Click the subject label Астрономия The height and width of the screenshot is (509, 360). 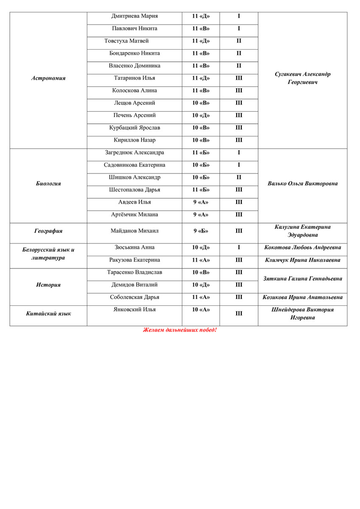click(49, 78)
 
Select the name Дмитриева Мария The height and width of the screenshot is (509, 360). click(134, 17)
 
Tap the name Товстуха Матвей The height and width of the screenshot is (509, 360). click(126, 41)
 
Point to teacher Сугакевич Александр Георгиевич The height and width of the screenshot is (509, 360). click(302, 78)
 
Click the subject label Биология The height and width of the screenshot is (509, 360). click(48, 184)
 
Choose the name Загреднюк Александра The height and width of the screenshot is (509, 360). click(134, 153)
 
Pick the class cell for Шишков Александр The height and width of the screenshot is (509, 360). click(201, 177)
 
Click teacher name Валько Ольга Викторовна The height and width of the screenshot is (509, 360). click(302, 184)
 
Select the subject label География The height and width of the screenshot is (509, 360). click(48, 231)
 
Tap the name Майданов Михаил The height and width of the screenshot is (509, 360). click(134, 231)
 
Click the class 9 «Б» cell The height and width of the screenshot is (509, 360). click(201, 231)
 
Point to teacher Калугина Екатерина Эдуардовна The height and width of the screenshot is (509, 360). click(302, 231)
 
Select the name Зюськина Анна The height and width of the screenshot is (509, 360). click(134, 247)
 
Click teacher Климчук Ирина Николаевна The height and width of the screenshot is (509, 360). click(302, 260)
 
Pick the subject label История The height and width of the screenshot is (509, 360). click(48, 285)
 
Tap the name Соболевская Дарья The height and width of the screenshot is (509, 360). click(134, 297)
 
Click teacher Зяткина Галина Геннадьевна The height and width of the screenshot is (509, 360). click(302, 279)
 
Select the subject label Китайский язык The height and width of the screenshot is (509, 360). click(48, 314)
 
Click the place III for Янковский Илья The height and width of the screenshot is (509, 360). click(239, 314)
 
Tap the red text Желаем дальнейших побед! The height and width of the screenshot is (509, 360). click(180, 330)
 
